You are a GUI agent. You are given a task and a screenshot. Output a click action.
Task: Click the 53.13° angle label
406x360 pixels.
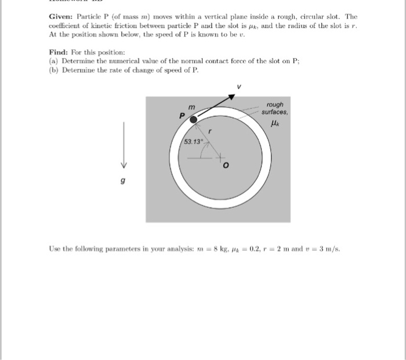193,142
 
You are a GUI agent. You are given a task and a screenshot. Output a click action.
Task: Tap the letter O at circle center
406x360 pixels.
227,166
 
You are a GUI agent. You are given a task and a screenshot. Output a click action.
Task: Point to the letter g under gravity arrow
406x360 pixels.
122,182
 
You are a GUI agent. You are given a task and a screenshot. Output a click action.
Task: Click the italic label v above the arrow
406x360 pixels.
238,87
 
